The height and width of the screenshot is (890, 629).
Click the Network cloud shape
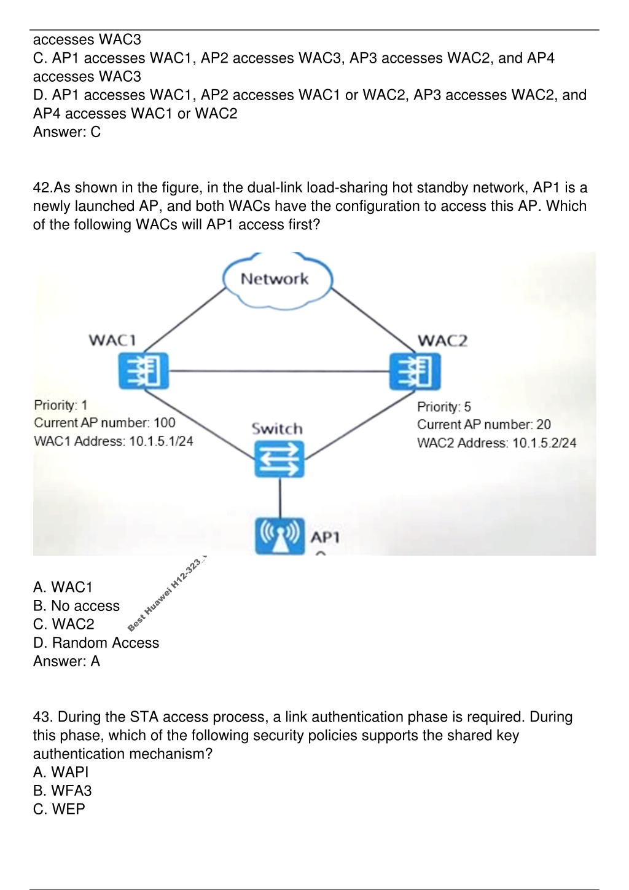(x=277, y=280)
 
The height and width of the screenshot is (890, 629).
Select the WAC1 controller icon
(x=144, y=371)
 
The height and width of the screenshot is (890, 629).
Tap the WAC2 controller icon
(x=415, y=371)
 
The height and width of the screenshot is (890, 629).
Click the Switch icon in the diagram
(x=279, y=459)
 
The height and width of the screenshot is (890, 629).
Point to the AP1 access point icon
(x=280, y=536)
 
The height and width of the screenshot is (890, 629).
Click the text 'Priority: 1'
(x=60, y=405)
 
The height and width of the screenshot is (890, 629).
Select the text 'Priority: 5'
(x=444, y=407)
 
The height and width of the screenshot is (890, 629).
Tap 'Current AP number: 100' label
(x=104, y=423)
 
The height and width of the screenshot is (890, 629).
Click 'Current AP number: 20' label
(x=483, y=425)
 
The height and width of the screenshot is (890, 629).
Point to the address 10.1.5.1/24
(x=161, y=441)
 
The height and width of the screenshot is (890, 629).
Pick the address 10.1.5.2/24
(x=544, y=443)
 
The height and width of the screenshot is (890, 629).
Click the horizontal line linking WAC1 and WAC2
(x=279, y=371)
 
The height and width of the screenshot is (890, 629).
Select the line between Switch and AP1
(x=280, y=497)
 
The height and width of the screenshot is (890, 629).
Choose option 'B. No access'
(x=76, y=605)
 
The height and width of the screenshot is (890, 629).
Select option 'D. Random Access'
(x=96, y=642)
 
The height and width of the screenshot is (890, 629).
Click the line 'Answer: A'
(x=67, y=661)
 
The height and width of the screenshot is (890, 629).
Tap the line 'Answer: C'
(x=67, y=132)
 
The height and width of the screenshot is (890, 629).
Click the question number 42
(x=42, y=187)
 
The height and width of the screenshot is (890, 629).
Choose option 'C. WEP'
(x=59, y=809)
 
